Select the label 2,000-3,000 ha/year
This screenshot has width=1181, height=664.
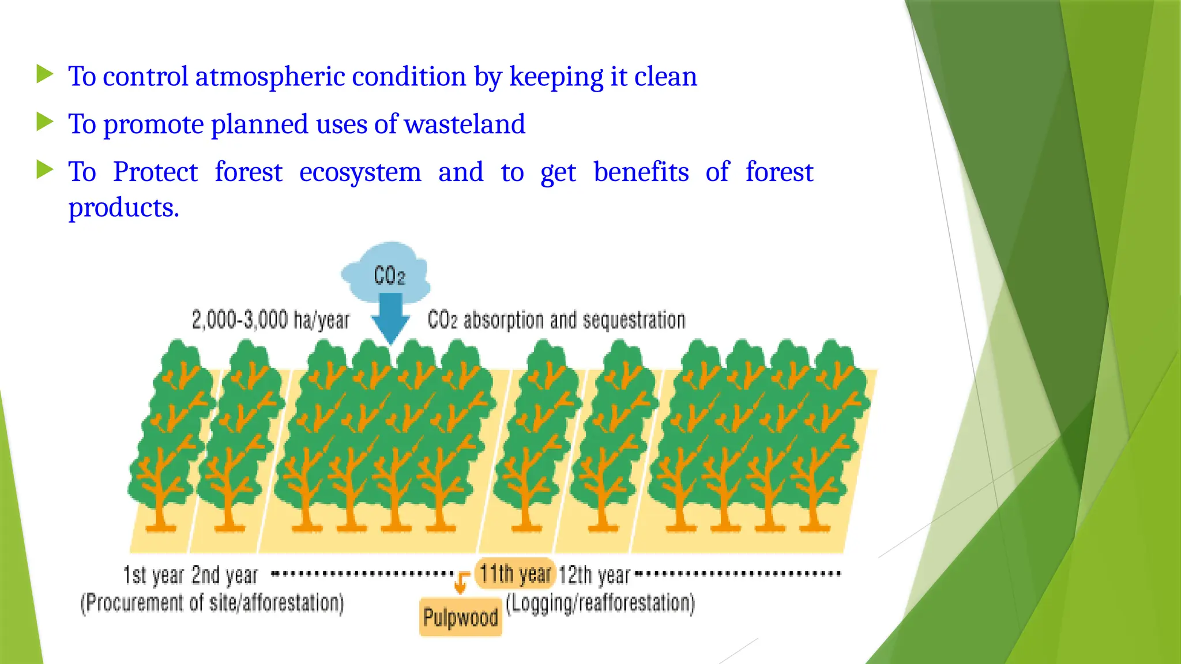[x=270, y=320]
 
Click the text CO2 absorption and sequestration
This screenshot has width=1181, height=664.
[x=556, y=320]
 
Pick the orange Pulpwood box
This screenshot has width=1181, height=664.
[x=460, y=617]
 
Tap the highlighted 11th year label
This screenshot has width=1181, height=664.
[x=515, y=574]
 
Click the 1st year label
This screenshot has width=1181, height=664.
[x=153, y=575]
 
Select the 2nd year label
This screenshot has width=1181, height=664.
[x=225, y=575]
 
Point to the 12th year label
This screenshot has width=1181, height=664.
[x=595, y=575]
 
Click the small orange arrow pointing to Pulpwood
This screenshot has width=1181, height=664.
[x=461, y=582]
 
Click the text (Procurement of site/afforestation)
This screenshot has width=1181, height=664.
[x=212, y=603]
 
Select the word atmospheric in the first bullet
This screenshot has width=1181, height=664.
[x=270, y=77]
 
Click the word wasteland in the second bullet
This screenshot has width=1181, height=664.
[x=465, y=124]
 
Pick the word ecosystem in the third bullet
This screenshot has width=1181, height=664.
[x=360, y=172]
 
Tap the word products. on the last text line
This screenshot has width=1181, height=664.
[x=123, y=207]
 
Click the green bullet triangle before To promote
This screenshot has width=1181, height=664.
[x=44, y=122]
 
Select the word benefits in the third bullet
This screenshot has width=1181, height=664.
[x=641, y=172]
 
